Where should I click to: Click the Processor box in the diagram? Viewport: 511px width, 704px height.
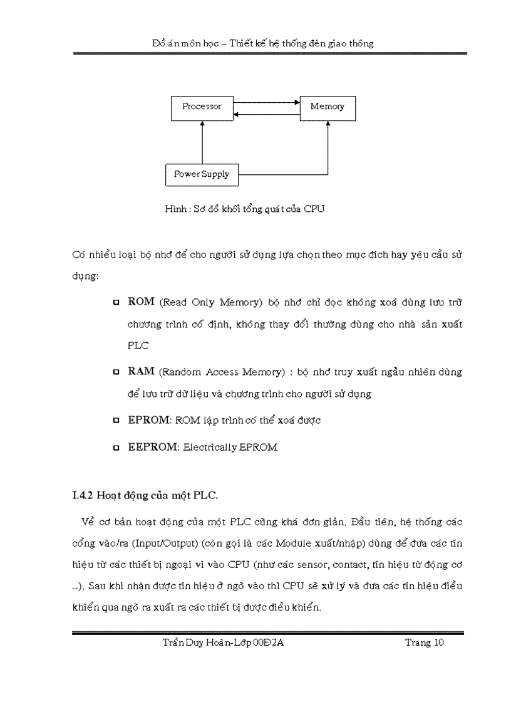202,107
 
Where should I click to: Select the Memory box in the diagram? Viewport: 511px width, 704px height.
327,107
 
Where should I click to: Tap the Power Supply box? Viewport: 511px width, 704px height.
201,174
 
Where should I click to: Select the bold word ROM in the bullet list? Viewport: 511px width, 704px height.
141,302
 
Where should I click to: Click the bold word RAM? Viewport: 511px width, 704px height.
141,371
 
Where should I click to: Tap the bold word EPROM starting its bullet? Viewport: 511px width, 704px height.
148,420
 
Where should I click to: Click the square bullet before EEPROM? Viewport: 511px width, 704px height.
116,448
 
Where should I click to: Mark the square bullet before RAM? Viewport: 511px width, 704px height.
116,372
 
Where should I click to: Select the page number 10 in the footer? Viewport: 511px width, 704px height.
438,643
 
